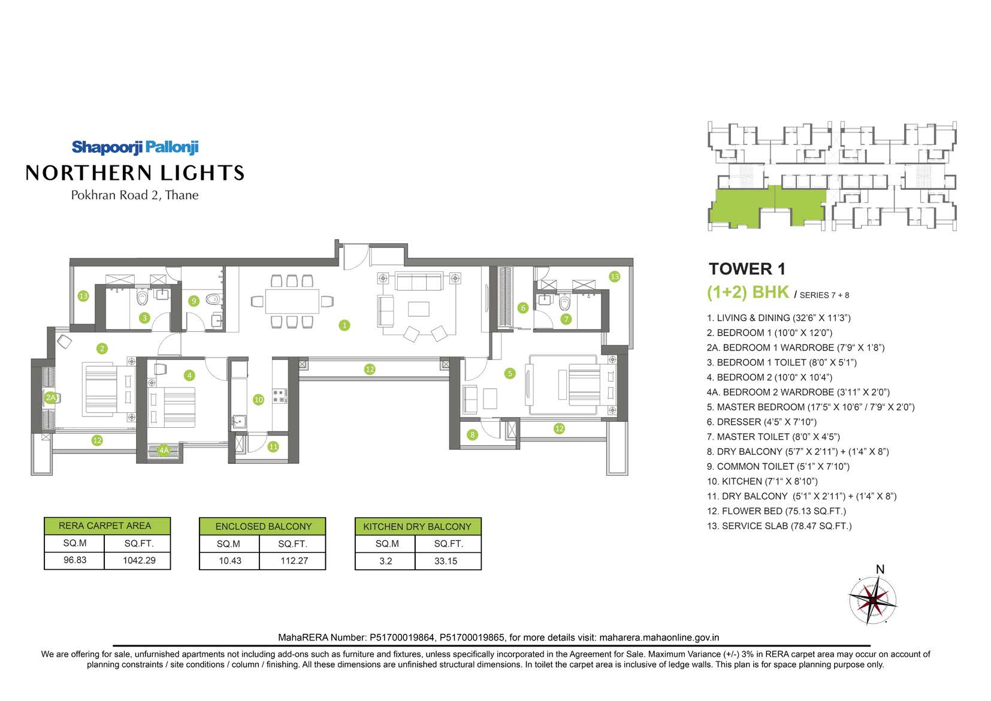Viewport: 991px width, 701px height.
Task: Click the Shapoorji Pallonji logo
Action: [x=135, y=147]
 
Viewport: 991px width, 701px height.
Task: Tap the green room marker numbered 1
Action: [x=345, y=325]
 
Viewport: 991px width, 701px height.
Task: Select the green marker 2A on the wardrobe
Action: [x=51, y=398]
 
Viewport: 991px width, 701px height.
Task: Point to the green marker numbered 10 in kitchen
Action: [x=258, y=400]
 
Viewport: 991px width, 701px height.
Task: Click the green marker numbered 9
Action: [x=194, y=301]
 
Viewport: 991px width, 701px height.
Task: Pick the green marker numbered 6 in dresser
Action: [x=523, y=308]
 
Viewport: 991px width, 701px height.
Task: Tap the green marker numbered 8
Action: [x=473, y=435]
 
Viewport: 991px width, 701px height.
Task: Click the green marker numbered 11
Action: [x=273, y=447]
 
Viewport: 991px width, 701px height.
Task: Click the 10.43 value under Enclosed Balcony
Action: [x=229, y=561]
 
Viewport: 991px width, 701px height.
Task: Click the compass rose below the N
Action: [x=872, y=600]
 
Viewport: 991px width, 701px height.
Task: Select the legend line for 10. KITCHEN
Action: [x=762, y=481]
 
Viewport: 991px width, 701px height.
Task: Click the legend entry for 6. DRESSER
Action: [x=762, y=422]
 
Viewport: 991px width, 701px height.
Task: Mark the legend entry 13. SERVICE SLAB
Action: [x=779, y=526]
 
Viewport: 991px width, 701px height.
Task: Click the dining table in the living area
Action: [x=292, y=301]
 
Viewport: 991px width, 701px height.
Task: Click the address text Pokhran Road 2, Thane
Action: [x=134, y=195]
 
